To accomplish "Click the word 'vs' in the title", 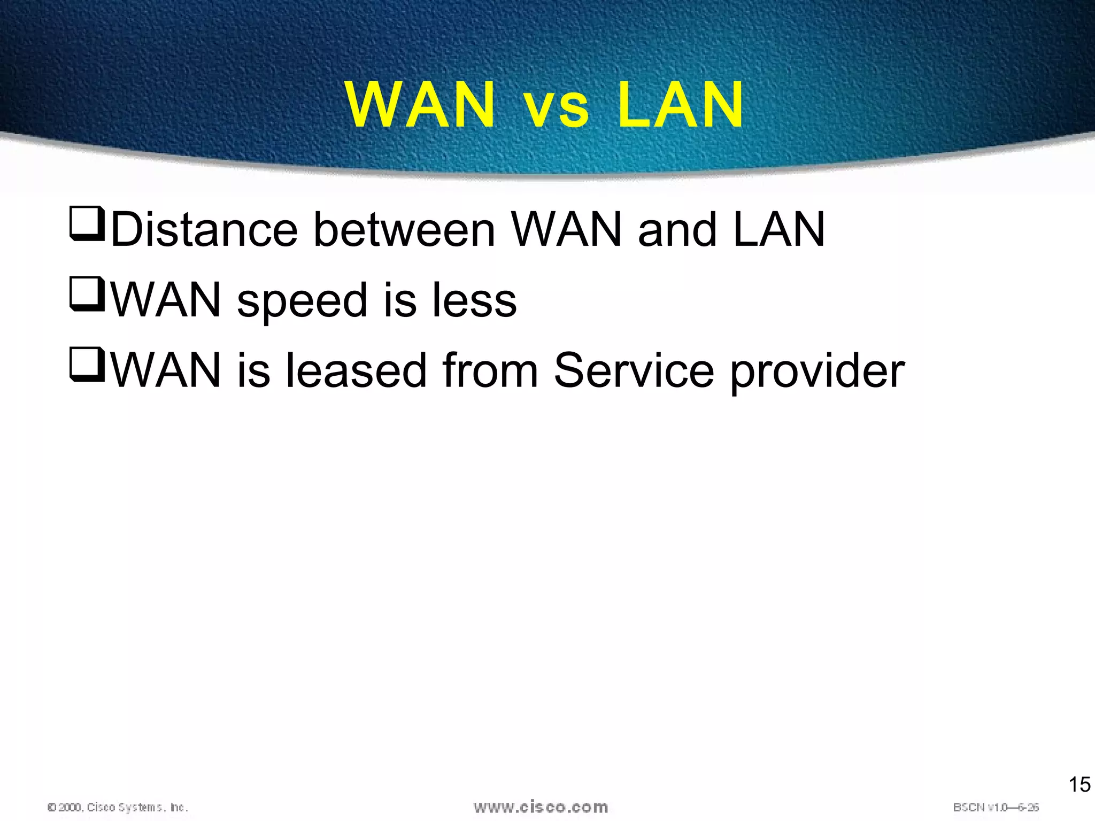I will pos(557,107).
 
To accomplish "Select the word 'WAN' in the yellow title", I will pos(420,105).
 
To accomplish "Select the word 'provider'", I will pos(817,372).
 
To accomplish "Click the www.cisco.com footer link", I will pos(541,807).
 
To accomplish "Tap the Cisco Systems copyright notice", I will pos(118,807).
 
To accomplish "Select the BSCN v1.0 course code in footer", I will pos(996,807).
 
